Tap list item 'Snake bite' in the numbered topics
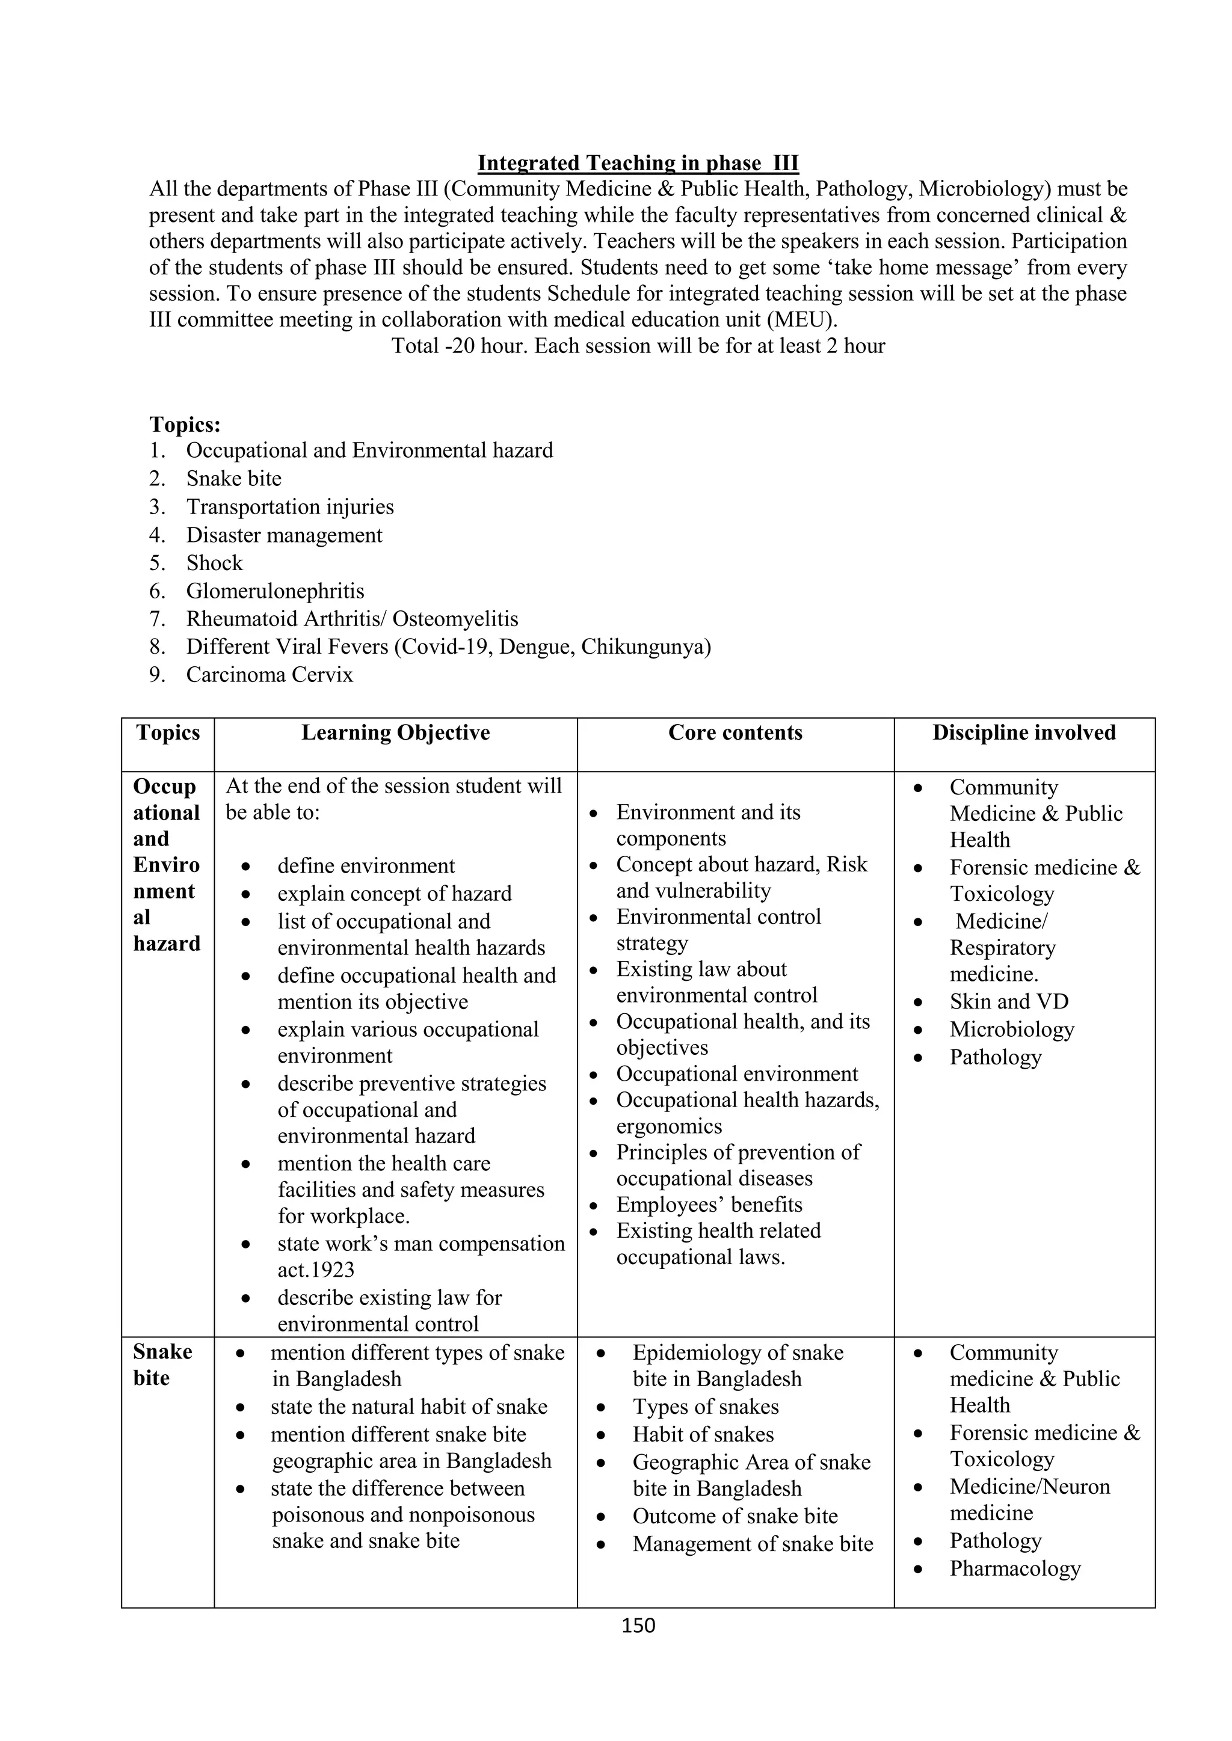pos(233,479)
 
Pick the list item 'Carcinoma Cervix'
pos(269,675)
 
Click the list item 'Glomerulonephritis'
pos(275,591)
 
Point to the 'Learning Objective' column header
pos(395,732)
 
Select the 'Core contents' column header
pos(735,732)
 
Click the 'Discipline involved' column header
pos(1023,732)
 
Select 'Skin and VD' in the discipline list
pos(1008,1002)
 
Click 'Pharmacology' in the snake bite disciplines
pos(1014,1568)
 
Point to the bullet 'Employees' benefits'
pos(709,1205)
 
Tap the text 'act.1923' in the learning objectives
pos(316,1270)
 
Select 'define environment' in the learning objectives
pos(366,866)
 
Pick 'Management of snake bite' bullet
pos(753,1544)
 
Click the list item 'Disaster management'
pos(284,535)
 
